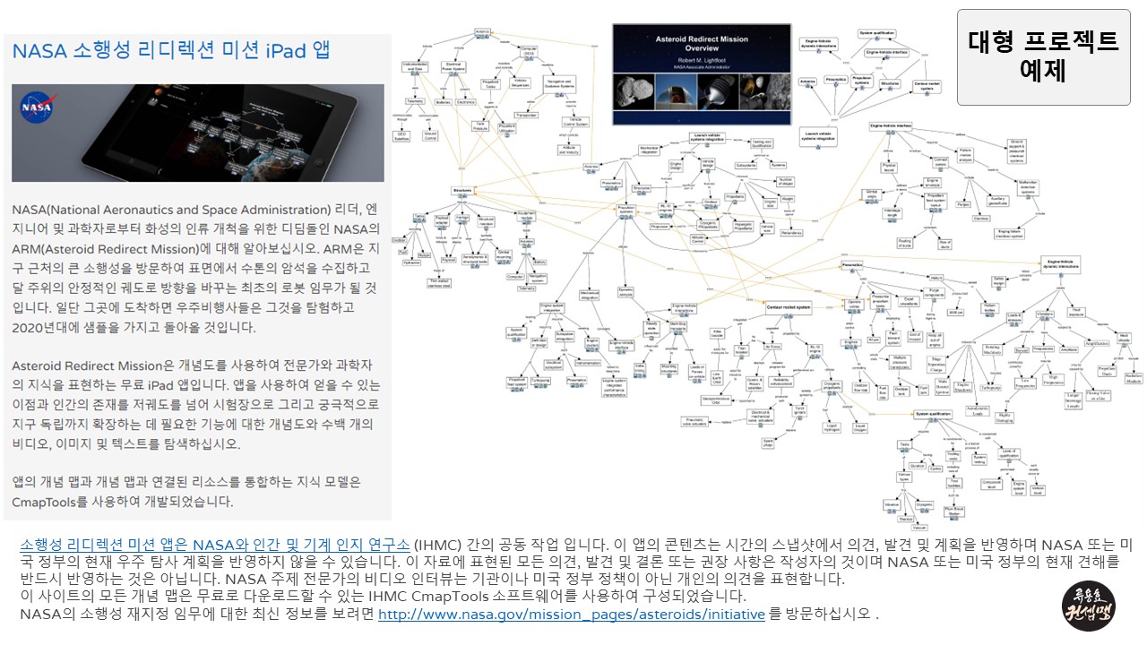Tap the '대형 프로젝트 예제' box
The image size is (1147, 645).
point(1043,56)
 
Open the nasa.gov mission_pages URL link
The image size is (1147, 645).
point(572,615)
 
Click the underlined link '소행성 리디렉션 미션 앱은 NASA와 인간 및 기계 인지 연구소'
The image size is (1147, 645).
point(215,545)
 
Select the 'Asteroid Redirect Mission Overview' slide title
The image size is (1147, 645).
point(702,43)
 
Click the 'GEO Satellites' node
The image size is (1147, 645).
point(402,136)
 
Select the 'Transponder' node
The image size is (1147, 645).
point(527,115)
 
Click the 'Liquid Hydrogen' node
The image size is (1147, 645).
point(835,427)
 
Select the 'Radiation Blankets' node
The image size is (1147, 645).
point(1134,378)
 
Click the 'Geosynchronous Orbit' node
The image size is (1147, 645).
point(718,400)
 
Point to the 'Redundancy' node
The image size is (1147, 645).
point(790,232)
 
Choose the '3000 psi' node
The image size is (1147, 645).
point(873,340)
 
